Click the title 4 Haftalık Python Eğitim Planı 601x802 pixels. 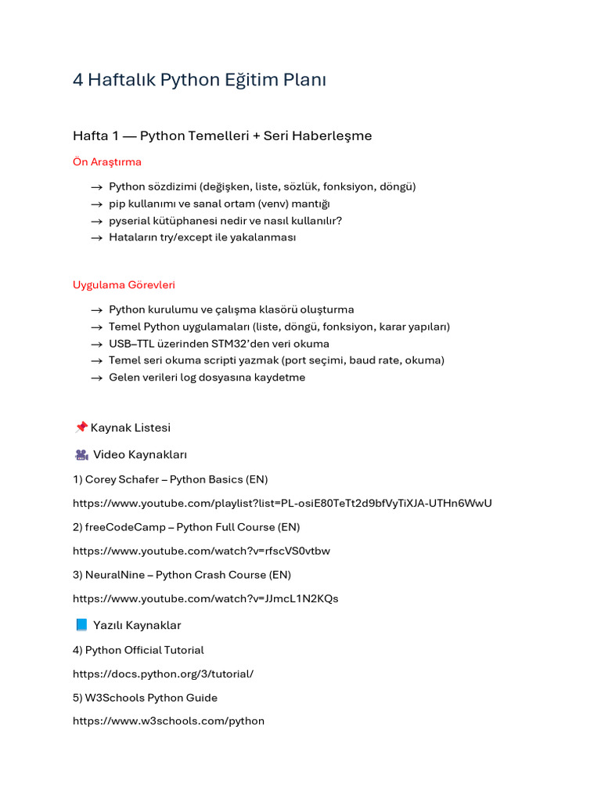click(199, 80)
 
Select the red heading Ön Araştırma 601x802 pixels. click(107, 162)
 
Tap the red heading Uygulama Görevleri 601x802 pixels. click(124, 285)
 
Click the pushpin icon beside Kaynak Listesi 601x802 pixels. click(81, 428)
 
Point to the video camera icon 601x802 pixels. click(81, 455)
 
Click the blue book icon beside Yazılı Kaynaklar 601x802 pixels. click(81, 625)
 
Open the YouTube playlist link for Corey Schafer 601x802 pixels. click(282, 503)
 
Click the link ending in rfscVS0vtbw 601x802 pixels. click(201, 551)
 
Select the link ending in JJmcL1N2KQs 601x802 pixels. click(205, 598)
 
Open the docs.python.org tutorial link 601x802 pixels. click(163, 674)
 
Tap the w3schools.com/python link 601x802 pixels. click(168, 721)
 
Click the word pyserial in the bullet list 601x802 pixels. click(129, 221)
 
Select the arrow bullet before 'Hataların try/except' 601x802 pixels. click(96, 238)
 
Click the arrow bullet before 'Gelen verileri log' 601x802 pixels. click(96, 378)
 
